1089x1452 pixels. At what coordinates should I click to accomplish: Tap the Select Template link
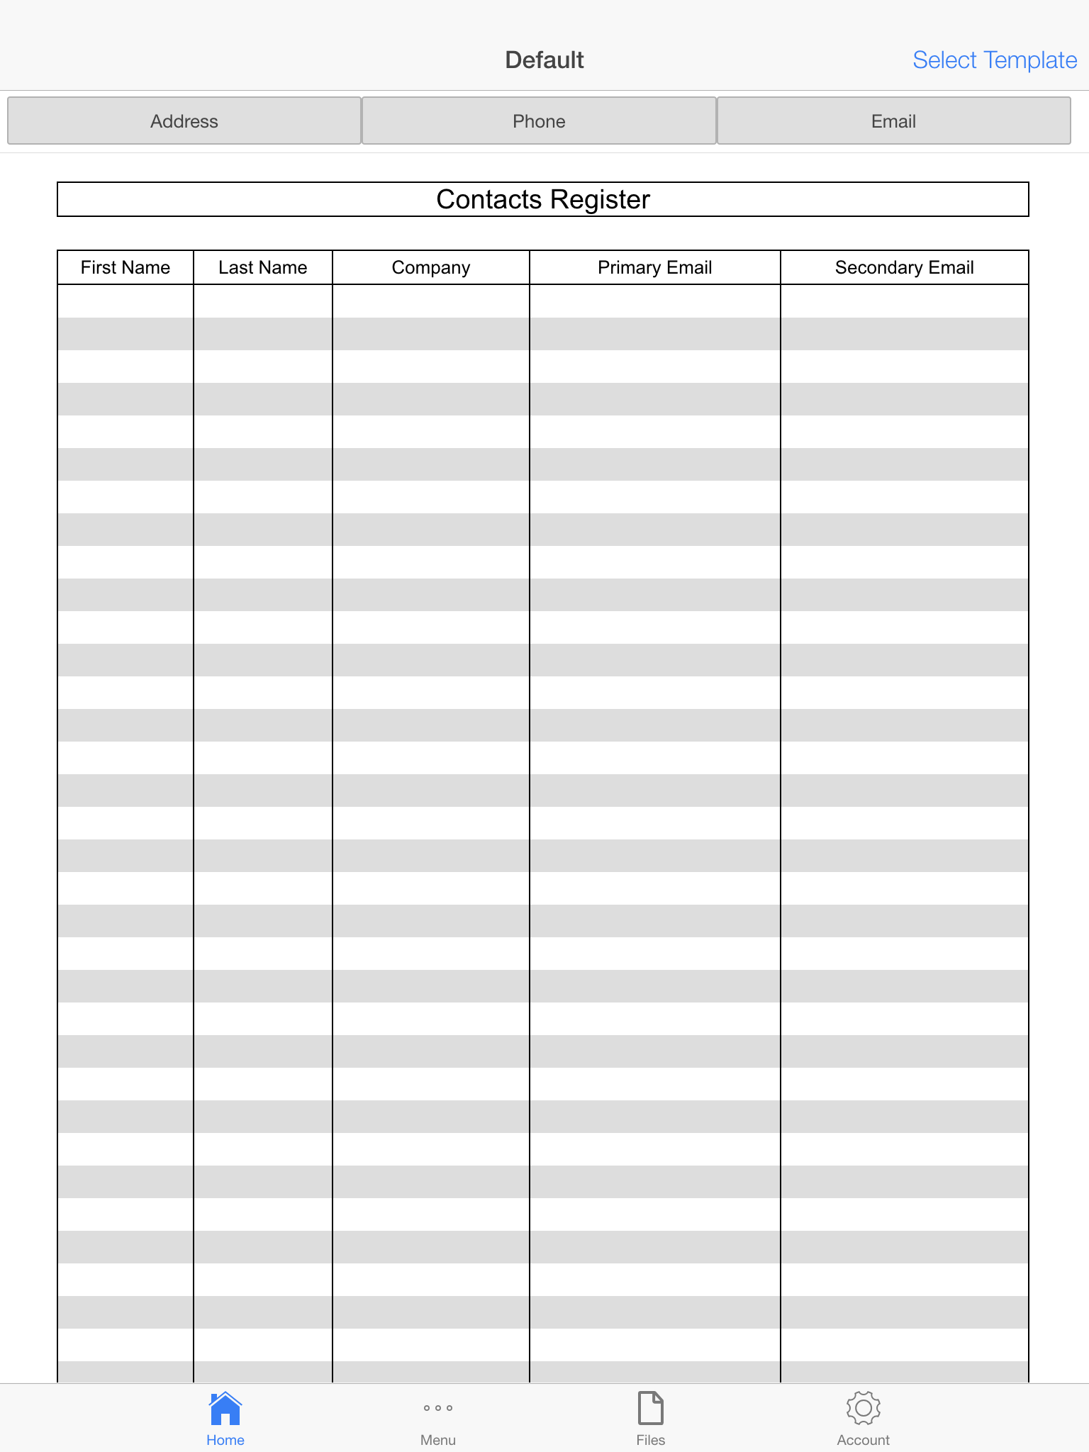pyautogui.click(x=994, y=60)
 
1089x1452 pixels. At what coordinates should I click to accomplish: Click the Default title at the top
pyautogui.click(x=544, y=60)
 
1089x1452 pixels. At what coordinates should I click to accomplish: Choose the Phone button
pyautogui.click(x=539, y=121)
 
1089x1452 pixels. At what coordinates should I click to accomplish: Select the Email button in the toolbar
pyautogui.click(x=893, y=121)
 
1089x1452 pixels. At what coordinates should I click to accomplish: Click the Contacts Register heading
pyautogui.click(x=542, y=200)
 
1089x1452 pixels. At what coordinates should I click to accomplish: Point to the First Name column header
pyautogui.click(x=125, y=267)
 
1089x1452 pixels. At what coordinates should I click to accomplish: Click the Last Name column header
pyautogui.click(x=262, y=267)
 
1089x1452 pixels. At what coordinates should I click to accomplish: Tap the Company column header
pyautogui.click(x=430, y=267)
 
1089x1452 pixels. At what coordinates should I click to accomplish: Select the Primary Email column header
pyautogui.click(x=654, y=267)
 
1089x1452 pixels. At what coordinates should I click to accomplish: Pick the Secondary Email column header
pyautogui.click(x=904, y=267)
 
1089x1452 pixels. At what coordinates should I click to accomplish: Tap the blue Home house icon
pyautogui.click(x=225, y=1408)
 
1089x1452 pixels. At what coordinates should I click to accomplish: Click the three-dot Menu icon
pyautogui.click(x=438, y=1408)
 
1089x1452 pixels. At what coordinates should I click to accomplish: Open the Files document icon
pyautogui.click(x=650, y=1408)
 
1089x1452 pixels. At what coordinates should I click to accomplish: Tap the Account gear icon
pyautogui.click(x=863, y=1408)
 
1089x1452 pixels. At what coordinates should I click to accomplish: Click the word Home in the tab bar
pyautogui.click(x=225, y=1440)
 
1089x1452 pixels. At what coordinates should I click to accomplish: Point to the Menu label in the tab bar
pyautogui.click(x=438, y=1440)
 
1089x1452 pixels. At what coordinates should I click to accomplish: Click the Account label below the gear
pyautogui.click(x=863, y=1440)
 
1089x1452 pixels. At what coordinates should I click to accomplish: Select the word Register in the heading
pyautogui.click(x=600, y=200)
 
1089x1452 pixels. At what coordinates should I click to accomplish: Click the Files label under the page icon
pyautogui.click(x=650, y=1440)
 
